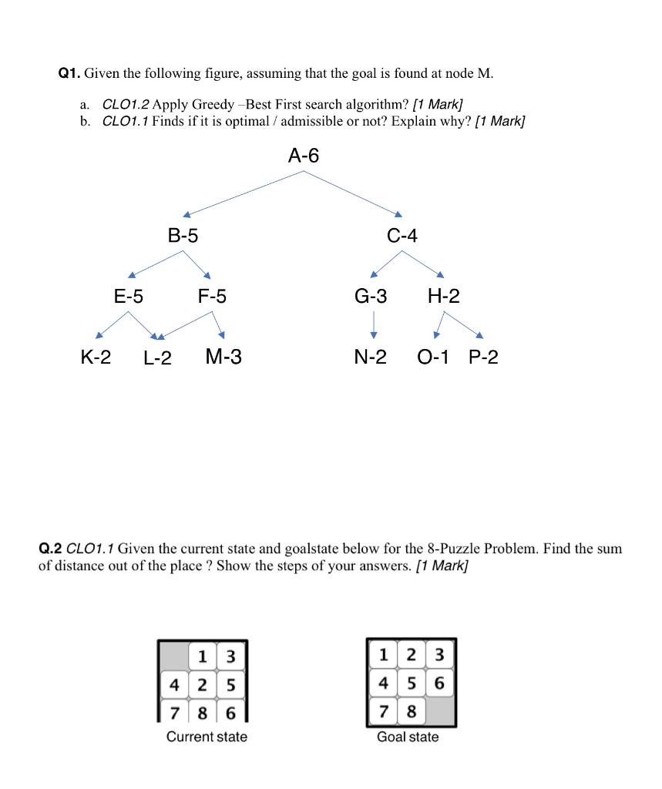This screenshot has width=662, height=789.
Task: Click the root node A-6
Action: [303, 156]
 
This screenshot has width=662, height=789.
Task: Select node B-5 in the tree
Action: [183, 236]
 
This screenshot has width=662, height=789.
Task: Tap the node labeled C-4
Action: [402, 236]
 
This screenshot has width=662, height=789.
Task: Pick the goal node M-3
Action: [223, 357]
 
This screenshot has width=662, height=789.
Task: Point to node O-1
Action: [433, 357]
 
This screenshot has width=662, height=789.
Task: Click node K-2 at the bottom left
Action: [96, 357]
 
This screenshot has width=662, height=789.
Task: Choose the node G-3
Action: [371, 296]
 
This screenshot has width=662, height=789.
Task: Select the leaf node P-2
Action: [483, 357]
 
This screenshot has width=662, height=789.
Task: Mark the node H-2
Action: [443, 296]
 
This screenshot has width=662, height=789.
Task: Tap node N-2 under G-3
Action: [371, 357]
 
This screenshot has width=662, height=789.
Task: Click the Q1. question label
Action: [69, 74]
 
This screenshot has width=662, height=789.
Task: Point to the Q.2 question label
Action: [50, 549]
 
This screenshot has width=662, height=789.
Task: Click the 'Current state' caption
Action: [207, 737]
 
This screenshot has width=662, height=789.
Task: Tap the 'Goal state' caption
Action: [408, 737]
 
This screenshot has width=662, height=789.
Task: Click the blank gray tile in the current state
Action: [174, 656]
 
